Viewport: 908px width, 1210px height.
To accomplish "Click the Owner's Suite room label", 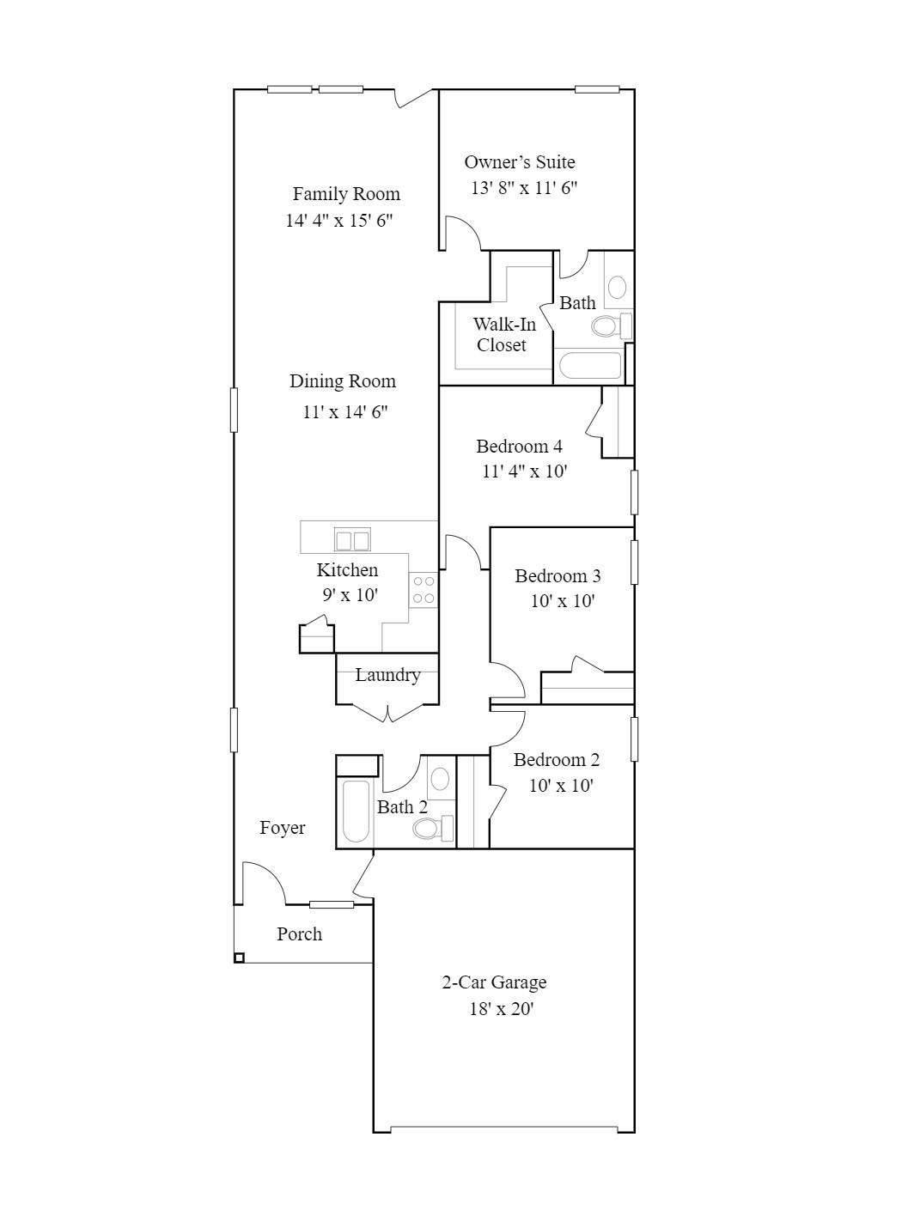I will [520, 161].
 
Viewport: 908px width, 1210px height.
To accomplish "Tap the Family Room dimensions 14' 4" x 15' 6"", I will [339, 220].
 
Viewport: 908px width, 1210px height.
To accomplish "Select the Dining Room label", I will [343, 381].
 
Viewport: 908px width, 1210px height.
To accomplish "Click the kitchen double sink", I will [352, 540].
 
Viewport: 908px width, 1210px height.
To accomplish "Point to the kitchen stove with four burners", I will [424, 590].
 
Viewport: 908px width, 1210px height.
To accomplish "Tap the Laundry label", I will [387, 675].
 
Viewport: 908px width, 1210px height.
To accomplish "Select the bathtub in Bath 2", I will [356, 811].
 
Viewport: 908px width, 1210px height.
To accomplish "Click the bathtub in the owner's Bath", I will [589, 367].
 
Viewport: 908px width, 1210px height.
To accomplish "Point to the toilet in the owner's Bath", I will [610, 325].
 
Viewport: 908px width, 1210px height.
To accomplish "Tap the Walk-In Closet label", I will [503, 335].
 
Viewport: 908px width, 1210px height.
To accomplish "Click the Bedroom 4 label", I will [519, 447].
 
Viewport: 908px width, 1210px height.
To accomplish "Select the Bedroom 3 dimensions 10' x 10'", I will [563, 601].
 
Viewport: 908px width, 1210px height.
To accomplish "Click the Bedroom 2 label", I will [557, 760].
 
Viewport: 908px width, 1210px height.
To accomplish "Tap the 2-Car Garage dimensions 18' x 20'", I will [501, 1008].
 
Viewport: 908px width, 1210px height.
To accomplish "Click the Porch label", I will [300, 934].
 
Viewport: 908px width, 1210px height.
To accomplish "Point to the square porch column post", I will [240, 958].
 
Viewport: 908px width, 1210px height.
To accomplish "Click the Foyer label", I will [283, 828].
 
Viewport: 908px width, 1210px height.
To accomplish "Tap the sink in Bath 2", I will [440, 779].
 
